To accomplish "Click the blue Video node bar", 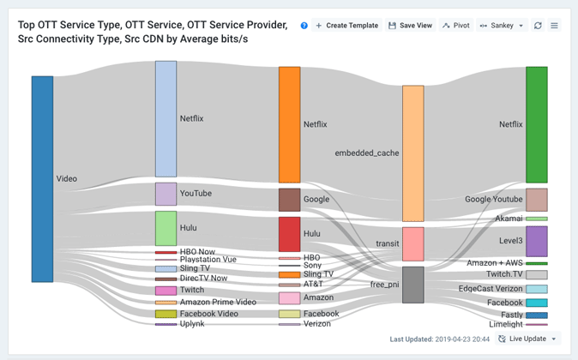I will pyautogui.click(x=42, y=179).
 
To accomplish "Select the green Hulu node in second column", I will pyautogui.click(x=166, y=229).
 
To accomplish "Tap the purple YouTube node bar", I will pyautogui.click(x=166, y=194).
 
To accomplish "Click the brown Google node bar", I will pyautogui.click(x=289, y=200).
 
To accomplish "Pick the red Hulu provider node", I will pyautogui.click(x=289, y=234).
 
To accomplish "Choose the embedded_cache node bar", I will pyautogui.click(x=412, y=153).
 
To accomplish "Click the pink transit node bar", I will pyautogui.click(x=412, y=244).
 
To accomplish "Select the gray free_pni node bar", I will pyautogui.click(x=412, y=285).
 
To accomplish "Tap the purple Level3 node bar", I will pyautogui.click(x=536, y=242).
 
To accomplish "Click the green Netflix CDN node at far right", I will pyautogui.click(x=536, y=124).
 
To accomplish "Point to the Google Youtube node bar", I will pyautogui.click(x=536, y=200).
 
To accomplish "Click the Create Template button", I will pyautogui.click(x=346, y=26).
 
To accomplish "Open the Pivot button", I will pyautogui.click(x=456, y=26).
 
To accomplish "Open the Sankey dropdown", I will pyautogui.click(x=502, y=26).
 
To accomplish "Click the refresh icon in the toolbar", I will pyautogui.click(x=538, y=26).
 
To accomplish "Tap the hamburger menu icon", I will pyautogui.click(x=554, y=26).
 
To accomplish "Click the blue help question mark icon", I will pyautogui.click(x=304, y=26).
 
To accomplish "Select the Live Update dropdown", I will pyautogui.click(x=528, y=339).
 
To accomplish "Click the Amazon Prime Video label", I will pyautogui.click(x=218, y=303).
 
